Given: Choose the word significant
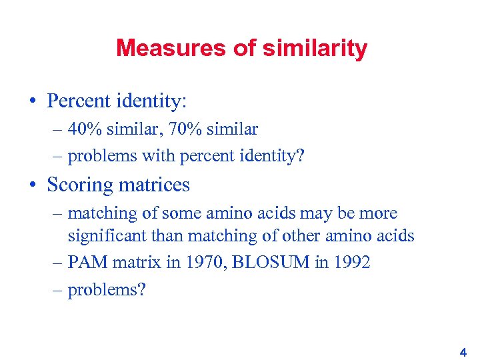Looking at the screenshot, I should point(109,235).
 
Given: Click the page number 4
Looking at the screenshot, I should point(463,350).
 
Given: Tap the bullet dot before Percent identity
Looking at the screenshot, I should point(32,101).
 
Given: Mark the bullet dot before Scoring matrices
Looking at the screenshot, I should point(32,185).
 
